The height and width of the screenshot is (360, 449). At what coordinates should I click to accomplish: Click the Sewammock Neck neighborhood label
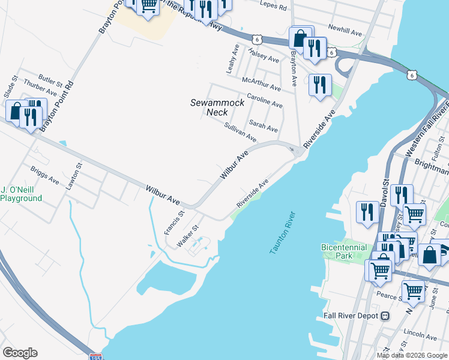tap(217, 107)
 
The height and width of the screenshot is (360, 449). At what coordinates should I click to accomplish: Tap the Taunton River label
tap(280, 233)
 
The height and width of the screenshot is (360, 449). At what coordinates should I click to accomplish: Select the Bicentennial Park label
tap(345, 251)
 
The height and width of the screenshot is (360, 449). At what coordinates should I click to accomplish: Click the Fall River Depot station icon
tap(386, 316)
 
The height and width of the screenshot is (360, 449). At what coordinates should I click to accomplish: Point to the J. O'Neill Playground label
tap(21, 194)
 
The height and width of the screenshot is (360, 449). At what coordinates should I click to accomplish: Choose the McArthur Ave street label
tap(261, 84)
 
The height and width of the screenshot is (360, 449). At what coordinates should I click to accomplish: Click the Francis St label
tap(172, 223)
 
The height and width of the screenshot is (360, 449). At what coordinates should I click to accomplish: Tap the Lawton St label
tap(74, 176)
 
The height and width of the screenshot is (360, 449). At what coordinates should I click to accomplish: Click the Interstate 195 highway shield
tap(95, 357)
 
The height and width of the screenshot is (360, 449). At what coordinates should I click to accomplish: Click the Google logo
tap(20, 353)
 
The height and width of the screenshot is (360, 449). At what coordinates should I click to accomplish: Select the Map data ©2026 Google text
tap(412, 355)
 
